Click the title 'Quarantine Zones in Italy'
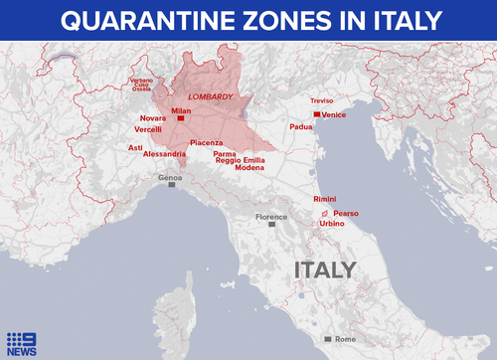pos(248,20)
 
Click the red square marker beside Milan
pos(180,118)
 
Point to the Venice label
pos(334,115)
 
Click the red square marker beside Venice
pos(316,115)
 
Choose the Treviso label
pos(322,100)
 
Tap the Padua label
pos(301,127)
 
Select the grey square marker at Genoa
pos(172,185)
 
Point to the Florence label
pos(270,216)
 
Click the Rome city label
pos(345,339)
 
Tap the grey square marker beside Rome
pos(328,339)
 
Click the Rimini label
pos(325,199)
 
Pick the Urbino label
pos(332,224)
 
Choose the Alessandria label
pos(164,154)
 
